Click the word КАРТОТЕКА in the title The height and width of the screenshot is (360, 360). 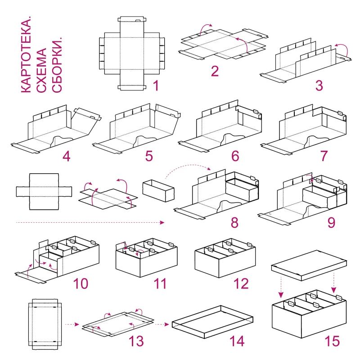(x=26, y=54)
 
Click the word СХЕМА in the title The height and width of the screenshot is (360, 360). (x=41, y=71)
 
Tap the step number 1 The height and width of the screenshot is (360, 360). (x=156, y=85)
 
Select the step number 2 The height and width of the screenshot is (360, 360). (x=215, y=71)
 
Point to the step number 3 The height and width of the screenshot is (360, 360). (x=319, y=85)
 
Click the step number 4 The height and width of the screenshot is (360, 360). (x=66, y=156)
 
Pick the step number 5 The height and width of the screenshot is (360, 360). (x=149, y=156)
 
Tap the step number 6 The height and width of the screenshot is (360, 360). (x=235, y=156)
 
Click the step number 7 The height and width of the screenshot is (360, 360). (x=324, y=156)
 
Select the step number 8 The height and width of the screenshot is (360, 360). (x=234, y=222)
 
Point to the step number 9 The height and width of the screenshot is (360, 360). (x=331, y=222)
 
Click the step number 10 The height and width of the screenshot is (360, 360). (x=81, y=283)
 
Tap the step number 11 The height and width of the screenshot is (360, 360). (x=160, y=283)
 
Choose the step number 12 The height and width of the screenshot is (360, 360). (x=241, y=283)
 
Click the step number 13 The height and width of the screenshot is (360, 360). (x=136, y=341)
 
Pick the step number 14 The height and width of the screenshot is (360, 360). (x=237, y=341)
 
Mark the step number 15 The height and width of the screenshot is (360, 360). (x=332, y=341)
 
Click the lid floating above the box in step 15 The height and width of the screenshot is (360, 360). (x=309, y=265)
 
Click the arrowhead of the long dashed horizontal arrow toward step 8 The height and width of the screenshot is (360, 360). (x=162, y=222)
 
